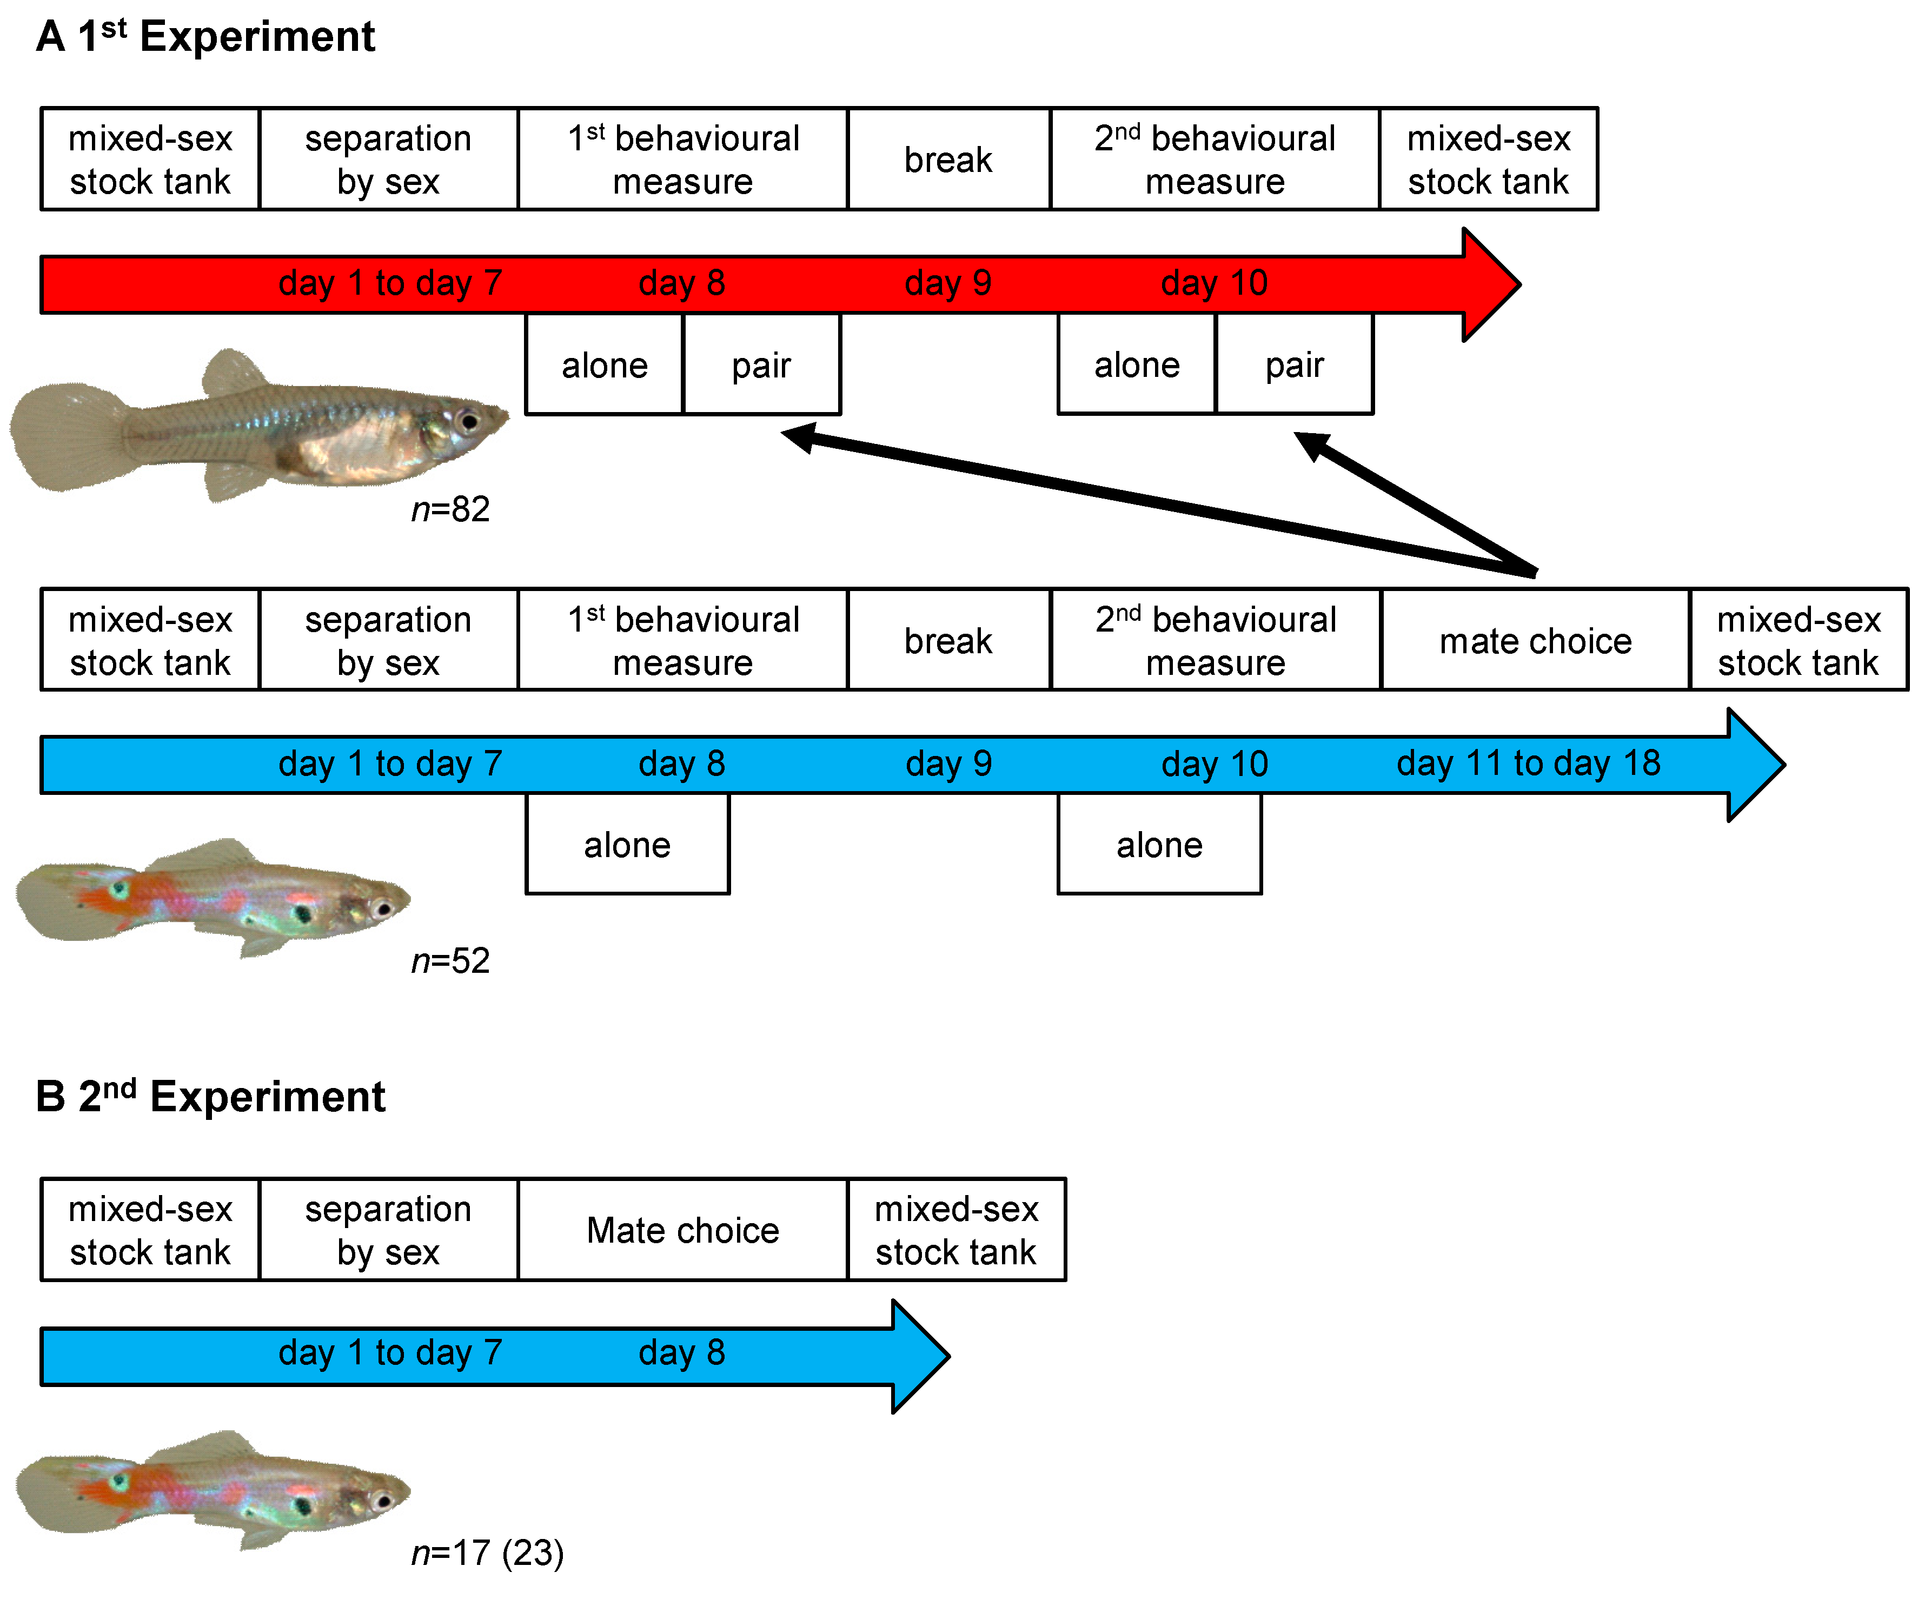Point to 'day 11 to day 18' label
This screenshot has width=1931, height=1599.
click(1528, 763)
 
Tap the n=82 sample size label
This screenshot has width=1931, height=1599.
click(450, 508)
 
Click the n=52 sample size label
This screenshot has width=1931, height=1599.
click(450, 961)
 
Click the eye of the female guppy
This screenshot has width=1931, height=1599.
click(469, 421)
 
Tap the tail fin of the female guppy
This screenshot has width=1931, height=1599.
click(64, 437)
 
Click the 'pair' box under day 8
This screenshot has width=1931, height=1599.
click(761, 365)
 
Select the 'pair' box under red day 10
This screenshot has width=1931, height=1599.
click(1294, 365)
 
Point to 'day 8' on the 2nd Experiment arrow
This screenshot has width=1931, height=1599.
click(681, 1352)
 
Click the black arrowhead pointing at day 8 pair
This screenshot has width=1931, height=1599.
click(793, 436)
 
